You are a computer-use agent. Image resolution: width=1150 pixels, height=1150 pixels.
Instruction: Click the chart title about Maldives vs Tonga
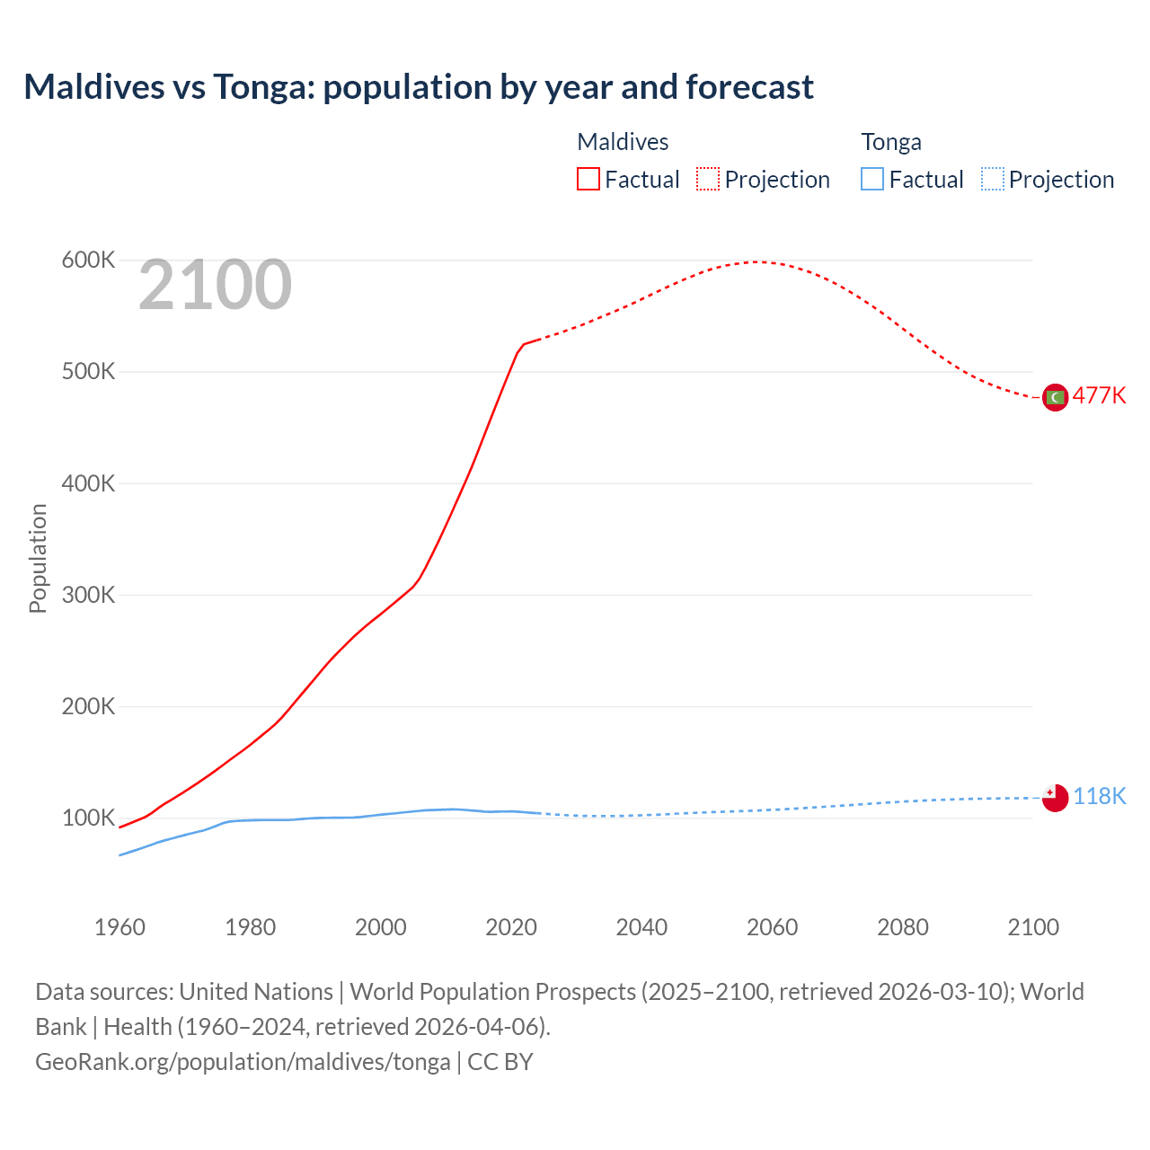click(419, 87)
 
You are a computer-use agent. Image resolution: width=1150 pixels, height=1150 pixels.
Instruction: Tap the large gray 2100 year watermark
click(215, 285)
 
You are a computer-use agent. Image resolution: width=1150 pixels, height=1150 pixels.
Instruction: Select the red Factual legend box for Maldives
click(588, 180)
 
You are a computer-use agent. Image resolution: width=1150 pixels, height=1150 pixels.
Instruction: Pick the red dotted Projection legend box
click(708, 180)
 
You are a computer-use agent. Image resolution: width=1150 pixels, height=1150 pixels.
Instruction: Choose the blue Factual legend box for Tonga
click(872, 180)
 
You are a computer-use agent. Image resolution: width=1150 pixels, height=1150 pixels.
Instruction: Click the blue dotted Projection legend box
click(992, 180)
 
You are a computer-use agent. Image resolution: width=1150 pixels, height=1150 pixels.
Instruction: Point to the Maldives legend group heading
click(623, 142)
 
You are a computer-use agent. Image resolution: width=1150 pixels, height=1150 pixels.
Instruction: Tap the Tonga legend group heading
click(891, 142)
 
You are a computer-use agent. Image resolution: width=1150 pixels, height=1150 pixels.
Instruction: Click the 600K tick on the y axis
click(88, 261)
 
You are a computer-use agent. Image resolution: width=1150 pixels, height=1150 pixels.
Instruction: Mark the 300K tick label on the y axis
click(88, 595)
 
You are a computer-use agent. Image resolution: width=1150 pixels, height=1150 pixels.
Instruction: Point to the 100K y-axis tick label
click(88, 818)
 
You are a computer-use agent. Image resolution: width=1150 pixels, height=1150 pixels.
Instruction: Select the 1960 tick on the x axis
click(119, 927)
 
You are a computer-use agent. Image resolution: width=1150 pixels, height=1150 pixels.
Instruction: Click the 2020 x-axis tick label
click(511, 927)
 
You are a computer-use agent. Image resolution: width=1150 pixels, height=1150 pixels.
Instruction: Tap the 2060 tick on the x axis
click(772, 927)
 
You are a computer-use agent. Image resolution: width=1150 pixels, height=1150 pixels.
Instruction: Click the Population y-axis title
click(38, 558)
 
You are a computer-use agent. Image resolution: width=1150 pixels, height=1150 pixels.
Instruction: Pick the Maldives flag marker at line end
click(1055, 397)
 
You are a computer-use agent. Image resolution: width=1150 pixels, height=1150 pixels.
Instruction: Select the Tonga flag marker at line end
click(1055, 797)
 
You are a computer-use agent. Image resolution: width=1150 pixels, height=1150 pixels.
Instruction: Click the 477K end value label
click(1099, 396)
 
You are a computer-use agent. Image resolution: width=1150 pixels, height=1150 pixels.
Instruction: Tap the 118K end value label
click(1099, 797)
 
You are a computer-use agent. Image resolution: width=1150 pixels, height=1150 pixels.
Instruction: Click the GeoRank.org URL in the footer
click(243, 1062)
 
